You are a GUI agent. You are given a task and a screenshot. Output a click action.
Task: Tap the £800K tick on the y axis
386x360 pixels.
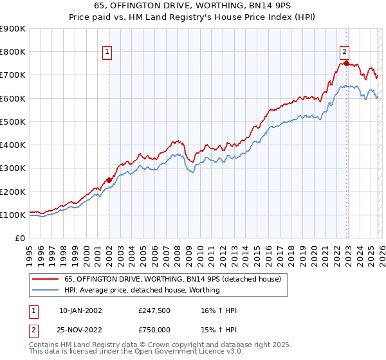13,52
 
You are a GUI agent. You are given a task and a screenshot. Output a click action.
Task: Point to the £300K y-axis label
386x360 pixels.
13,168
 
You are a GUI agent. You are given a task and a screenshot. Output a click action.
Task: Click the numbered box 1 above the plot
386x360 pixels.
107,53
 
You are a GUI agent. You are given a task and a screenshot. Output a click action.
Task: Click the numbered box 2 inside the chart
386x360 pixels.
345,53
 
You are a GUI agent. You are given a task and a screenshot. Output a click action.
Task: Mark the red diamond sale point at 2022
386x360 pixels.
346,63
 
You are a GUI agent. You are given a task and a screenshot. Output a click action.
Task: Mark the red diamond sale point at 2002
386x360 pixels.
109,181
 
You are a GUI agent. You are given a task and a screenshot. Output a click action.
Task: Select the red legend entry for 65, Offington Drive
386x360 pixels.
172,280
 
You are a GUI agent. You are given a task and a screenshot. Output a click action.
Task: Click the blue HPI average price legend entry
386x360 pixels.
142,290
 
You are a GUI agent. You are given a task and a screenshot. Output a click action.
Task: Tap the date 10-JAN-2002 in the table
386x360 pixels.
80,310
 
